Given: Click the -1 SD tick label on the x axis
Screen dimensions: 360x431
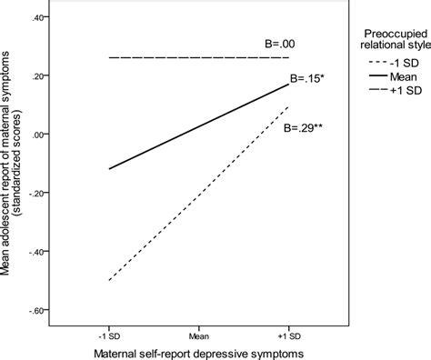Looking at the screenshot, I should pos(108,327).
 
